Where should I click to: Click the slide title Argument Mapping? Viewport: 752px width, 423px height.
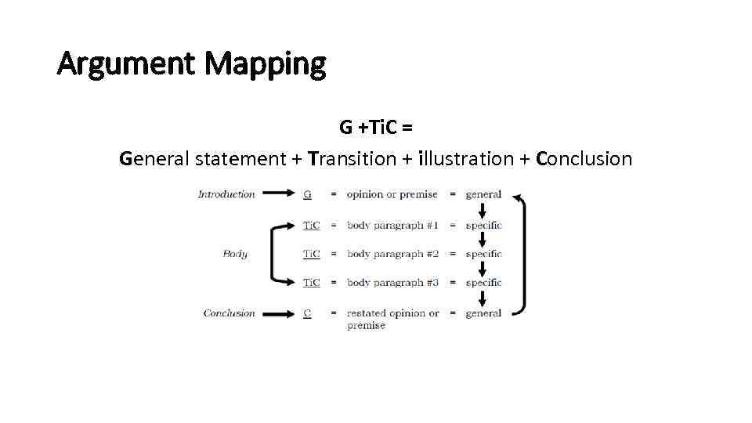191,63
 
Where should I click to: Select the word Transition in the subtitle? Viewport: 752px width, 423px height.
352,159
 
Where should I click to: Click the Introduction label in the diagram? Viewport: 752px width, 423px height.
226,194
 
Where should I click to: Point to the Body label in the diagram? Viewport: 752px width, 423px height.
235,254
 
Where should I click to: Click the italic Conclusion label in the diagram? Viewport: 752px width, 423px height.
229,313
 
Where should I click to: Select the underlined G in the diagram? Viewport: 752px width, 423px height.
307,194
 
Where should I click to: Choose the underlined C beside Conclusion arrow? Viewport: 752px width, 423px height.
307,313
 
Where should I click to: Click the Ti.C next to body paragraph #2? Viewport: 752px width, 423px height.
311,254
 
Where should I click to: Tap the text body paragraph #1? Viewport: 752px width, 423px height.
392,226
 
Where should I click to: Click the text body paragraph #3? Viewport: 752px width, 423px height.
392,283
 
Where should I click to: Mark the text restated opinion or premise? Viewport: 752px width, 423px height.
392,319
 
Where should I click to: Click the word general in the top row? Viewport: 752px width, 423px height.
483,194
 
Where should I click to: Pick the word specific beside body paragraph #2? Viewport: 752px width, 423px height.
483,254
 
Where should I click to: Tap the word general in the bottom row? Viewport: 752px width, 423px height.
483,313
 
